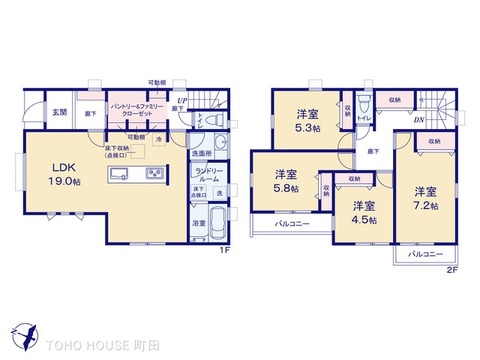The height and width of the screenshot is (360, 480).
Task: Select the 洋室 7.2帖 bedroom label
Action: [x=425, y=197]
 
